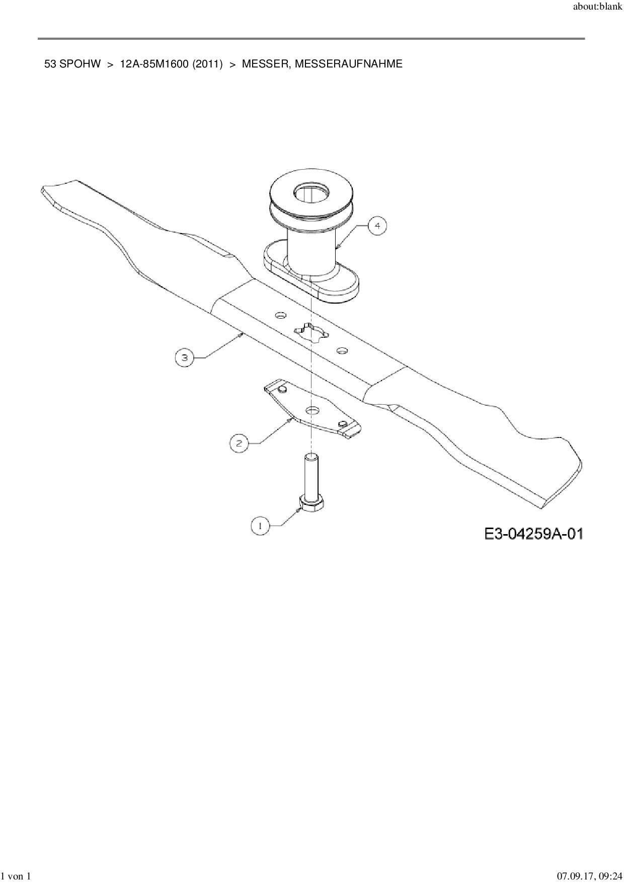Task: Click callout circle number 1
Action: tap(260, 526)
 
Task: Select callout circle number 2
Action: tap(239, 443)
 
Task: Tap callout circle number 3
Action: tap(184, 357)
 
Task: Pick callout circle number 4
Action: tap(377, 226)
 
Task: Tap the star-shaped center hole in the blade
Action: tap(310, 333)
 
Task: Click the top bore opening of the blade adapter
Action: tap(311, 192)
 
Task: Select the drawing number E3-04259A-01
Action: tap(534, 533)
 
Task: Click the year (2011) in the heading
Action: tap(208, 64)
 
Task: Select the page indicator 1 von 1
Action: tap(17, 876)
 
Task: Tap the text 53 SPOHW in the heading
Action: tap(72, 64)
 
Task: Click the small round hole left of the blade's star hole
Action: tap(279, 315)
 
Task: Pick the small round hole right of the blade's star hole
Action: tap(342, 349)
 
